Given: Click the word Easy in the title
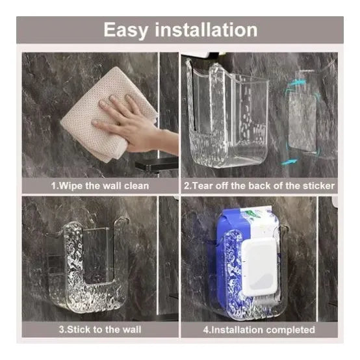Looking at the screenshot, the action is point(125,31).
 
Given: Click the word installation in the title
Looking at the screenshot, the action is point(206,29).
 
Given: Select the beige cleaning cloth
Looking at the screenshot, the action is point(108,115).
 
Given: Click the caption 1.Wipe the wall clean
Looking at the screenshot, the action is point(100,185).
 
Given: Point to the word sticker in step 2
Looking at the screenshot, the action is point(318,185).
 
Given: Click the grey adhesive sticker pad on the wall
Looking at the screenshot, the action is point(303,122).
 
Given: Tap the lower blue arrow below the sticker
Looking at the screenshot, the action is point(290,162).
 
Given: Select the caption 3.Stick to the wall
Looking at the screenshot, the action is point(100,329).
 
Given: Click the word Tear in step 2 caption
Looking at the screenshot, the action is point(200,185).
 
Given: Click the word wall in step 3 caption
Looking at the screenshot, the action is point(132,329).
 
